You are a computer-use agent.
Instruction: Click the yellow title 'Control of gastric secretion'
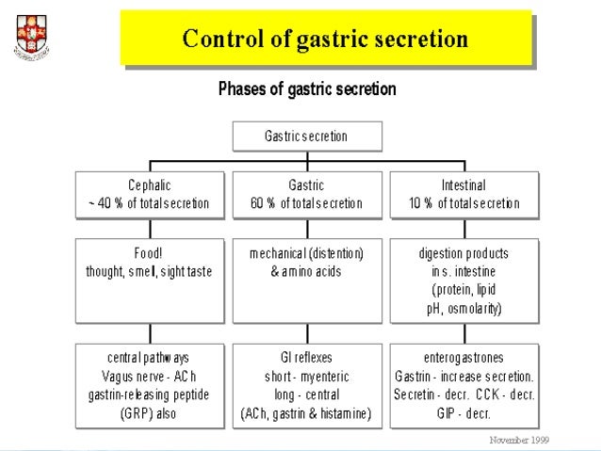click(x=324, y=40)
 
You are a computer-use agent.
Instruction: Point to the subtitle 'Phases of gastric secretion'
click(x=307, y=90)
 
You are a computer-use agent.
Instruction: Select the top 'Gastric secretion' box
click(x=306, y=137)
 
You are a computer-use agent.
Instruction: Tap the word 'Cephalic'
click(x=150, y=186)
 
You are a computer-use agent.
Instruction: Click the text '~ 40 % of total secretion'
click(x=149, y=203)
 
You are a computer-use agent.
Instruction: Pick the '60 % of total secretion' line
click(x=306, y=203)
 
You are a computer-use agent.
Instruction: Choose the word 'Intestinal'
click(x=463, y=186)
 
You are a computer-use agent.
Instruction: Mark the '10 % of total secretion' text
click(x=463, y=203)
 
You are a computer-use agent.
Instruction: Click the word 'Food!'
click(x=150, y=254)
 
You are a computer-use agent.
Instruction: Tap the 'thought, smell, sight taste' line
click(x=149, y=271)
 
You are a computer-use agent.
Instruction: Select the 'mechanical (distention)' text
click(x=306, y=254)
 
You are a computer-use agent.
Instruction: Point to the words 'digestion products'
click(x=463, y=254)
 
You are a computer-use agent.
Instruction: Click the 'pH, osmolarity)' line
click(x=463, y=308)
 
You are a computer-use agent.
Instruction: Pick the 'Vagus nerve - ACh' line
click(x=149, y=377)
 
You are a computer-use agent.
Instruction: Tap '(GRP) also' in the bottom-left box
click(x=149, y=412)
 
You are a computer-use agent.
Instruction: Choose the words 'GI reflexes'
click(x=306, y=359)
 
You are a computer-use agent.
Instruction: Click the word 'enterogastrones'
click(x=463, y=359)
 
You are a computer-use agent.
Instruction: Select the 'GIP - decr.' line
click(x=463, y=412)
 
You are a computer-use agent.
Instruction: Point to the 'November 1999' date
click(x=518, y=440)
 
